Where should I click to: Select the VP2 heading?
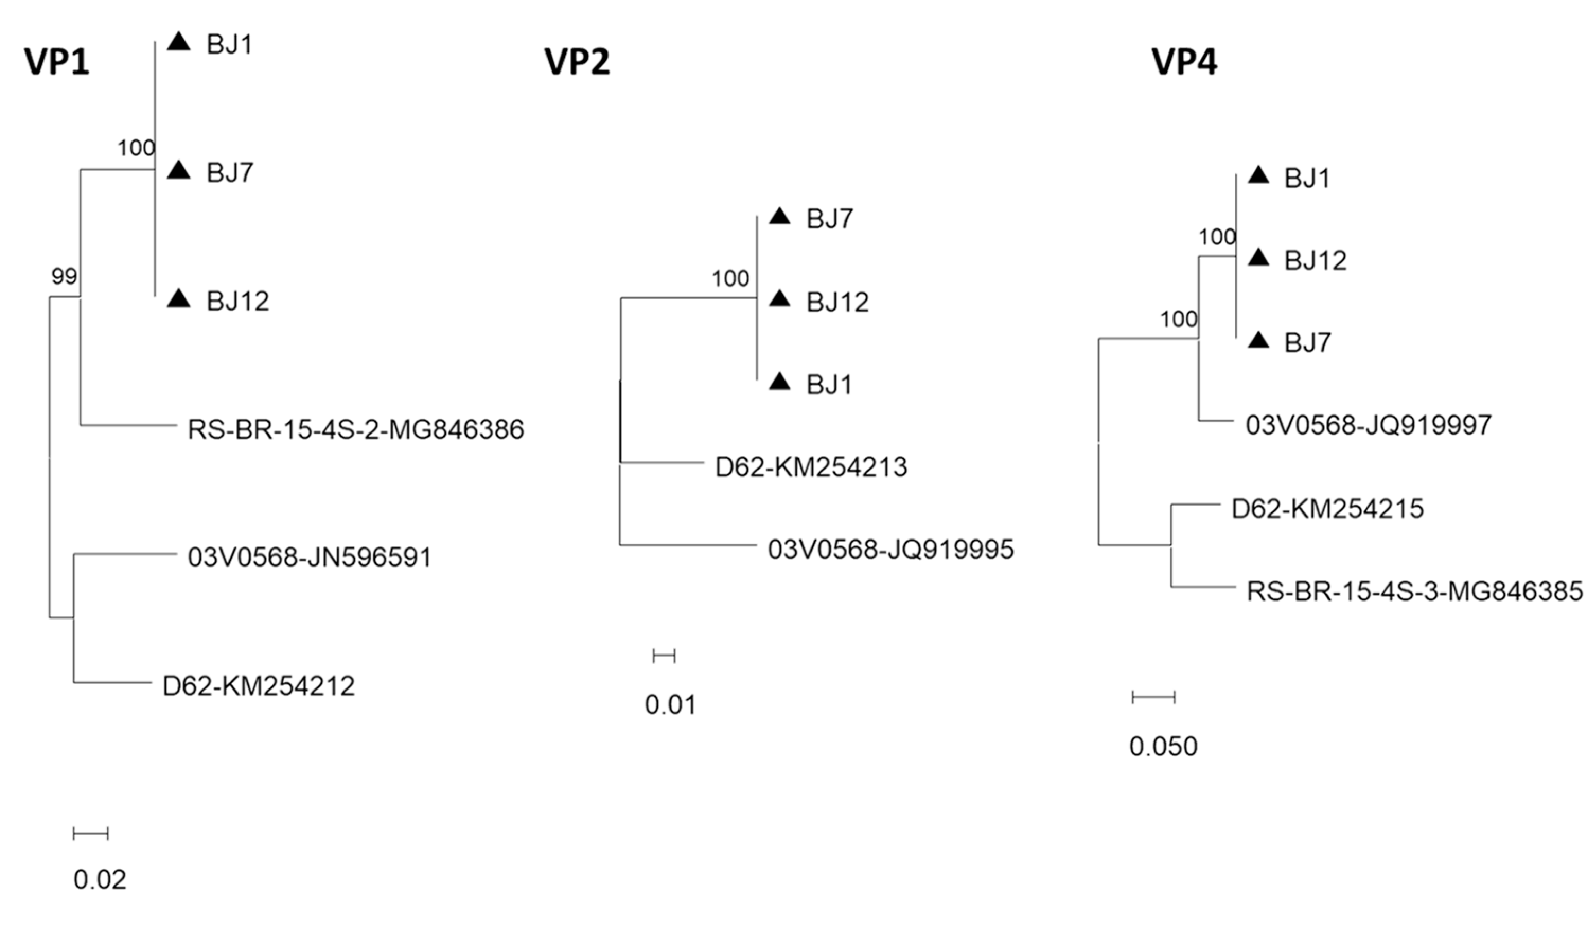click(x=577, y=63)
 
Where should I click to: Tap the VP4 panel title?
click(x=1184, y=63)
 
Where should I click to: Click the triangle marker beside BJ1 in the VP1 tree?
click(x=179, y=42)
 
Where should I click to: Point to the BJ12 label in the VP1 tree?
click(x=237, y=301)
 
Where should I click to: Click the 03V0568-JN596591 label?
click(x=310, y=558)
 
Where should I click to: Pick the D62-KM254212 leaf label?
click(x=258, y=686)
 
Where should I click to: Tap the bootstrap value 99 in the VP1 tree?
click(x=64, y=276)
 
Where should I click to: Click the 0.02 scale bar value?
click(x=100, y=880)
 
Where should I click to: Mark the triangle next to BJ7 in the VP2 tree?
click(x=780, y=217)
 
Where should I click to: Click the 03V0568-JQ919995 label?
click(x=890, y=549)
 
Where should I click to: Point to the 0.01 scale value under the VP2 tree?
click(x=670, y=704)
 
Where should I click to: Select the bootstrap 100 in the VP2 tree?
click(x=730, y=279)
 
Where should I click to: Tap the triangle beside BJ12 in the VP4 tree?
click(x=1258, y=258)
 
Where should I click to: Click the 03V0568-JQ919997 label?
click(x=1369, y=425)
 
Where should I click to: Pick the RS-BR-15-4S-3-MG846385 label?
click(x=1414, y=591)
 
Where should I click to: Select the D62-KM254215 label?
click(x=1327, y=509)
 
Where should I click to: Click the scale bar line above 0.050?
click(x=1153, y=697)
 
